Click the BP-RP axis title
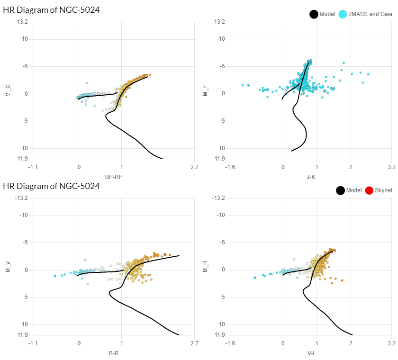[x=113, y=177]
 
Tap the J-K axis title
[x=311, y=177]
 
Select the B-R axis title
[x=113, y=353]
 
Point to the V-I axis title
[x=311, y=353]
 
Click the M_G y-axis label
[x=8, y=90]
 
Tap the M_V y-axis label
[x=8, y=267]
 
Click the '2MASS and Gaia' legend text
[x=370, y=14]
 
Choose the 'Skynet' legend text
[x=383, y=190]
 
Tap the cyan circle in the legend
[x=343, y=14]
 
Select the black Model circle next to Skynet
[x=340, y=190]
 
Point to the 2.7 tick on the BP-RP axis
[x=194, y=167]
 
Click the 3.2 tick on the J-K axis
[x=391, y=167]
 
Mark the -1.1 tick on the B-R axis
[x=33, y=343]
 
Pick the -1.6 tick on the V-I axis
[x=231, y=343]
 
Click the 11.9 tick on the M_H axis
[x=219, y=158]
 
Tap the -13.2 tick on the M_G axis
[x=21, y=22]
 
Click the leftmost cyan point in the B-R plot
[x=55, y=276]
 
